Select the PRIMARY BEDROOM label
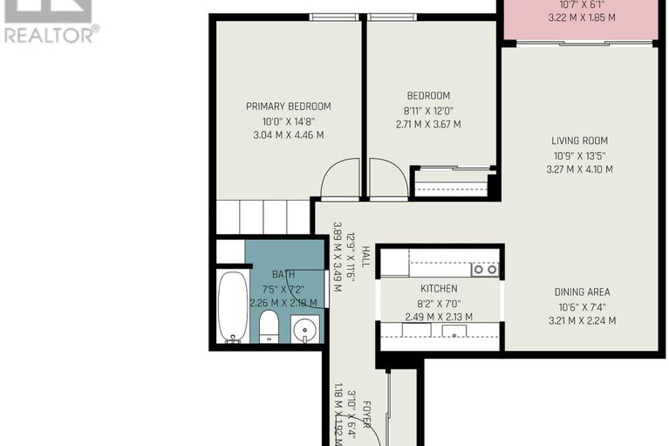point(288,106)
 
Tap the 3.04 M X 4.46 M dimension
point(288,135)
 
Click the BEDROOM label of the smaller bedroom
point(428,96)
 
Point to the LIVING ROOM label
point(579,141)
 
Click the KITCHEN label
point(439,288)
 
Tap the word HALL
point(366,256)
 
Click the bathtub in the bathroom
point(233,307)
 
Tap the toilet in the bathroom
point(269,326)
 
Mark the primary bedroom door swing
point(341,181)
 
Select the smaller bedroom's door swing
point(386,180)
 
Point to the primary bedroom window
point(334,17)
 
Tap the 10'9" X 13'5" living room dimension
point(579,155)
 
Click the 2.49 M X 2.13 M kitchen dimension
point(439,317)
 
